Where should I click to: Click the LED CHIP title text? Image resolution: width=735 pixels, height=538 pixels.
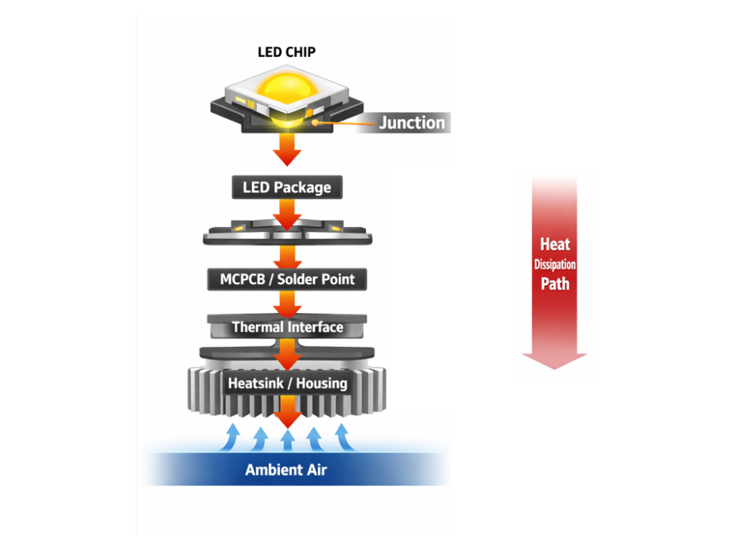286,52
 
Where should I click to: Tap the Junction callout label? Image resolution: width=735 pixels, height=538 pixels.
412,123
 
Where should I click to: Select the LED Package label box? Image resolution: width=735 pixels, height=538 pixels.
286,187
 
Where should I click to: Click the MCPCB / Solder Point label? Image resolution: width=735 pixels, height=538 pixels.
286,279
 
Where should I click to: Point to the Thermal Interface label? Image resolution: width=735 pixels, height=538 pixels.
287,328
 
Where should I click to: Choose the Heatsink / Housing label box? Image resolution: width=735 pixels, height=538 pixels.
287,384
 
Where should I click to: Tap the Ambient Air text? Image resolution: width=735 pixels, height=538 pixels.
286,470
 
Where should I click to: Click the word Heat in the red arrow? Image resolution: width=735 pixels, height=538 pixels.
555,244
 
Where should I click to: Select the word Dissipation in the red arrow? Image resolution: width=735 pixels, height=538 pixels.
555,264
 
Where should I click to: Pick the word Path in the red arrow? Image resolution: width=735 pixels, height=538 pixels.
555,284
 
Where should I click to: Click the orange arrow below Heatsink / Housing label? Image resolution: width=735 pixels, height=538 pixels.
288,413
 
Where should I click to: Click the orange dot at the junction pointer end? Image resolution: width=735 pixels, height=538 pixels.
314,122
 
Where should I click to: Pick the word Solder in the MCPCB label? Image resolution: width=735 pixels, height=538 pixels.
301,279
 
